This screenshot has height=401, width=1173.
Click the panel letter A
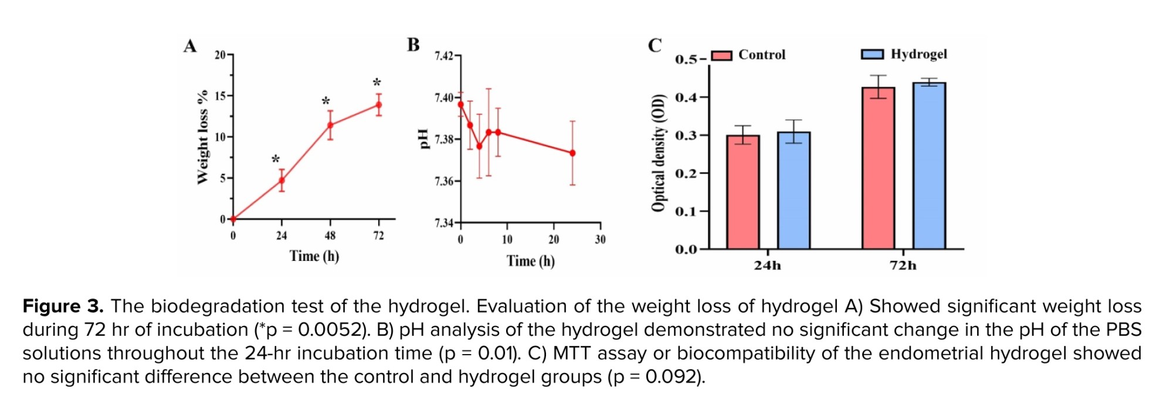point(189,46)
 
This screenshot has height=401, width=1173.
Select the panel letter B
point(413,45)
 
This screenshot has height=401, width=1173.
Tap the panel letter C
point(655,45)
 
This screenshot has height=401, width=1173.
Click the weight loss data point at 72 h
point(379,105)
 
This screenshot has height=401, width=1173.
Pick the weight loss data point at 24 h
point(282,180)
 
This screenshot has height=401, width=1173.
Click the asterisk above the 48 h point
point(326,101)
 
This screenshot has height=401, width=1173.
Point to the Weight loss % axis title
point(203,137)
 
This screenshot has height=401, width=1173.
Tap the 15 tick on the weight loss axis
point(221,96)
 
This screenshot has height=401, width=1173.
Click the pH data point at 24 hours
point(572,153)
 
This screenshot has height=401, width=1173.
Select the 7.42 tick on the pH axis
point(444,56)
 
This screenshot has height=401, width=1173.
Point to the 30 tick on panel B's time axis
point(600,239)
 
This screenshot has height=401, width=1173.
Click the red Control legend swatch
point(721,55)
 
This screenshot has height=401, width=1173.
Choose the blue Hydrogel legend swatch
point(872,55)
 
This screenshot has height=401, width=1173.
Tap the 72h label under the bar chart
point(903,266)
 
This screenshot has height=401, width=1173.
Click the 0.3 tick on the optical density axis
point(686,135)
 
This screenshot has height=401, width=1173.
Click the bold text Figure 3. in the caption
point(63,306)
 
